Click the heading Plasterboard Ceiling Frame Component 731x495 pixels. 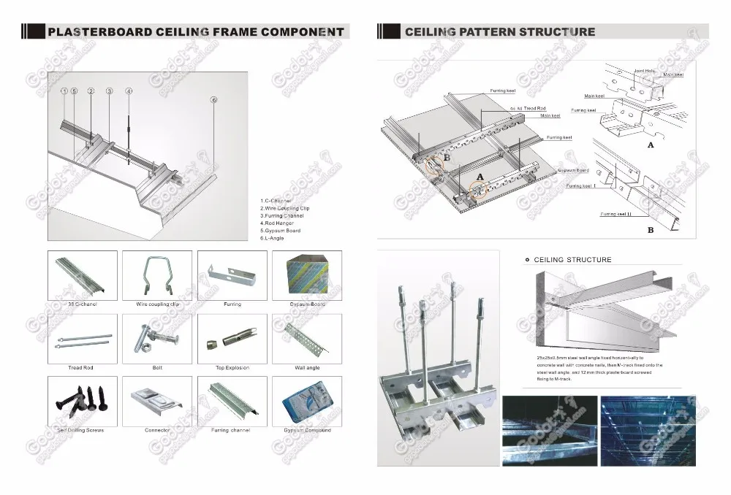click(x=195, y=32)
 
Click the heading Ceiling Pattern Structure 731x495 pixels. click(x=500, y=32)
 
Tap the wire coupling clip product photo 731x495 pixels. click(x=157, y=275)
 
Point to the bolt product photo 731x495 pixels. click(x=157, y=338)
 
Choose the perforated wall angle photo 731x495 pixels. click(x=306, y=338)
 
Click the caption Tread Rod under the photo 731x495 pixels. click(x=80, y=368)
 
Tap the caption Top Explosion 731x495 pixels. click(x=232, y=368)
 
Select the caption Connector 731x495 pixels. click(x=157, y=431)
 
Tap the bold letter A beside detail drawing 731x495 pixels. click(x=650, y=145)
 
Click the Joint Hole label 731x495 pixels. click(x=644, y=70)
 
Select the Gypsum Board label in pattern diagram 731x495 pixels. click(x=573, y=170)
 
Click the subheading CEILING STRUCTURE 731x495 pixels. click(x=572, y=260)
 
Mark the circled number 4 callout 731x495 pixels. click(x=129, y=91)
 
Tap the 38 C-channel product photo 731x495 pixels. click(x=81, y=275)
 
